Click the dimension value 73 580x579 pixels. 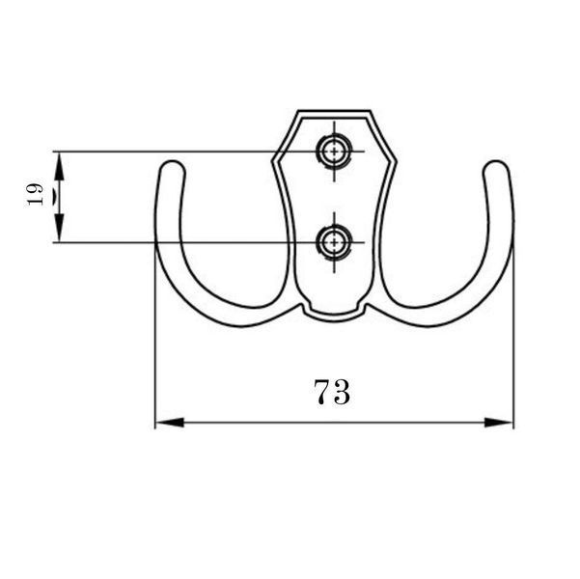tap(332, 392)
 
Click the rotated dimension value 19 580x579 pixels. tap(35, 194)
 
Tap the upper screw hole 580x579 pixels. tap(334, 152)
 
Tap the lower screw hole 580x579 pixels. tap(334, 243)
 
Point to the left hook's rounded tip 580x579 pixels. tap(171, 166)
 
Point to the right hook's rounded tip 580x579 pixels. tap(496, 166)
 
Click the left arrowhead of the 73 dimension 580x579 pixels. tap(170, 422)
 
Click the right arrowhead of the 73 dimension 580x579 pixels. tap(499, 422)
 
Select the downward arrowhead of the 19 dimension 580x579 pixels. tap(59, 228)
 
